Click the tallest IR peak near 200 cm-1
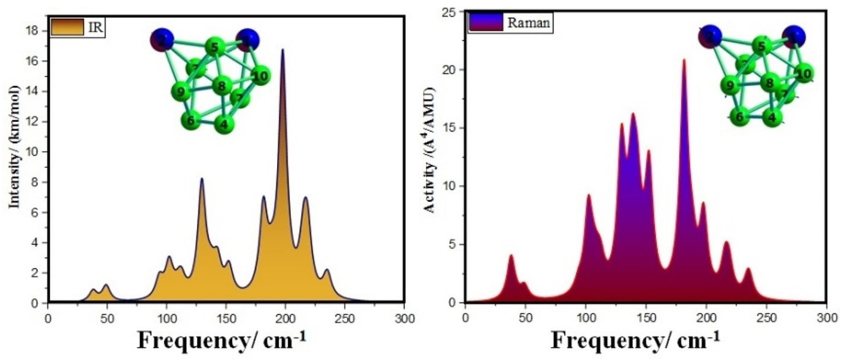pos(282,51)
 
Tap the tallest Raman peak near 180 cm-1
pos(684,61)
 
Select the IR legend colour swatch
pos(67,27)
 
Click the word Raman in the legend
pos(528,23)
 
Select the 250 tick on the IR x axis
pos(345,319)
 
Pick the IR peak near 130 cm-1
pos(202,179)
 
